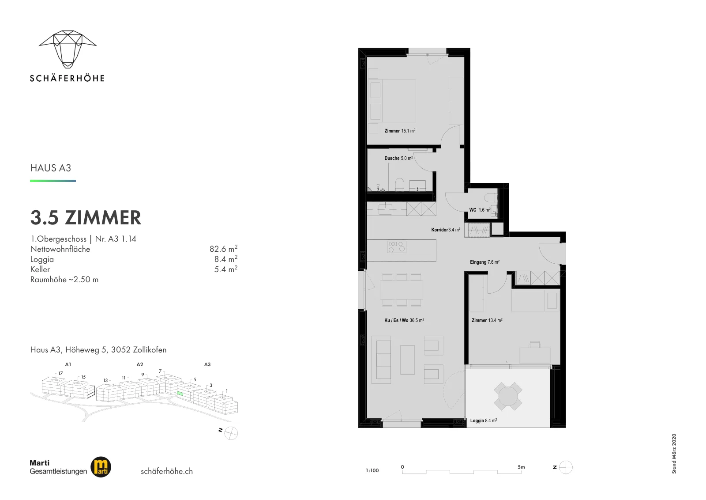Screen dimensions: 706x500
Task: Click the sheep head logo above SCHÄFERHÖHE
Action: pos(68,49)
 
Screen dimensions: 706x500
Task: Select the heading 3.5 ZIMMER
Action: pos(86,218)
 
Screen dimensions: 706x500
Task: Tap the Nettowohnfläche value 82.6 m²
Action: pos(223,248)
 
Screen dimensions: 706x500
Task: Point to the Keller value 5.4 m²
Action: pos(225,269)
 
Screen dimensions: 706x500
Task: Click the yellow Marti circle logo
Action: pos(101,467)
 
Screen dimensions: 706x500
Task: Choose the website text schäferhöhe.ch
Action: pos(167,471)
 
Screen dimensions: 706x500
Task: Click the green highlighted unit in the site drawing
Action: pos(180,394)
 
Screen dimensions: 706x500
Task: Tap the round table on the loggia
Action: pos(508,396)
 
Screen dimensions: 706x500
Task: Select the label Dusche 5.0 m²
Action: pos(398,158)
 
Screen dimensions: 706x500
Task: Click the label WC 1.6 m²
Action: pos(480,210)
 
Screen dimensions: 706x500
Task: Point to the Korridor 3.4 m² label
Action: pos(446,230)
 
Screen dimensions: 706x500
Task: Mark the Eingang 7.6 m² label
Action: pos(485,262)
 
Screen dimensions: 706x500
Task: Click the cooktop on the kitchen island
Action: pos(397,247)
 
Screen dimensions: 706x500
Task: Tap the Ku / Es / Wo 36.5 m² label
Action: pos(404,320)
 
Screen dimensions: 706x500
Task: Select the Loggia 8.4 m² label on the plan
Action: pos(484,420)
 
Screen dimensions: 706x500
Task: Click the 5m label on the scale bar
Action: pos(521,467)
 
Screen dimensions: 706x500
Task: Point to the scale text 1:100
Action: pos(372,470)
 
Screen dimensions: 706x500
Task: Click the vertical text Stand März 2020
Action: pos(674,454)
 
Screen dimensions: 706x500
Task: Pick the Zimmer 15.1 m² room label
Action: pos(400,131)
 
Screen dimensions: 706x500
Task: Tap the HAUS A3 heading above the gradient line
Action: pos(51,168)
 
